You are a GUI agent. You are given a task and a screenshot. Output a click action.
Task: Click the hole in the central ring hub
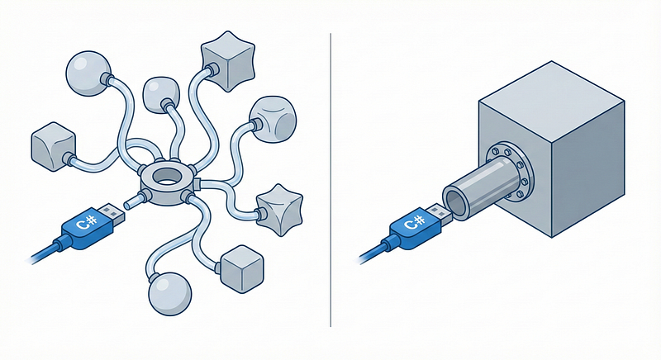tap(168, 177)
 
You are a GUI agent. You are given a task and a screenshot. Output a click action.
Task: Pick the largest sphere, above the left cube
tap(88, 73)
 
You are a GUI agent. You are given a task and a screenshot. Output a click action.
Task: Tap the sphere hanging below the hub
tap(170, 294)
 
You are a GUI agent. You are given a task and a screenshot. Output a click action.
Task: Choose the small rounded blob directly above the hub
tap(161, 95)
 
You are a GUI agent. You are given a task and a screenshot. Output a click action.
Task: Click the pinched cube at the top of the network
tap(228, 60)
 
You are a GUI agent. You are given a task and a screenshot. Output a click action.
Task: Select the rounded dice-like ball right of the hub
tap(273, 120)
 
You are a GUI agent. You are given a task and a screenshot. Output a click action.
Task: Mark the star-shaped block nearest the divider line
tap(279, 209)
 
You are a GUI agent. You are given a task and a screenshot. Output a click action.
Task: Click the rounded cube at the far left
tap(54, 146)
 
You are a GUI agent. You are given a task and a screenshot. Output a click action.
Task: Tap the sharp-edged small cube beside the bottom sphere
tap(242, 269)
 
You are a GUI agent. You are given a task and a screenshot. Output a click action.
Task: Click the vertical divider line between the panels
tap(330, 180)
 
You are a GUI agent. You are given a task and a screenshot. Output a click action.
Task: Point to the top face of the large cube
tap(551, 101)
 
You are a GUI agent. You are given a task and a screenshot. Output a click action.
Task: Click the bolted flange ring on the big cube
tap(509, 171)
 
